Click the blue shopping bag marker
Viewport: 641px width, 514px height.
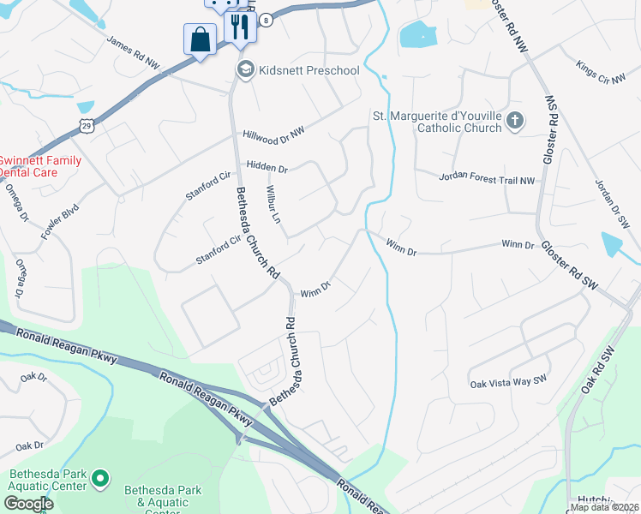pos(200,39)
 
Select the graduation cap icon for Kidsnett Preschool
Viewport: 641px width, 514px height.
pos(245,69)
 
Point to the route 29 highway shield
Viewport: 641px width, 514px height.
pos(86,126)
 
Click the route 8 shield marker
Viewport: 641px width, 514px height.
pos(267,21)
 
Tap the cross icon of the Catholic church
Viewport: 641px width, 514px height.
pos(514,121)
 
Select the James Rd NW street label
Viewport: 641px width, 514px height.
pos(133,52)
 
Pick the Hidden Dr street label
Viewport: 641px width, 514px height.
pos(267,169)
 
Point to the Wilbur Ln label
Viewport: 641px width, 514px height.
pos(273,202)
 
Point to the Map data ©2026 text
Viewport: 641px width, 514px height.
pos(603,507)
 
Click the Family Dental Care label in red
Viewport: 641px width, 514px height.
pos(40,166)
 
